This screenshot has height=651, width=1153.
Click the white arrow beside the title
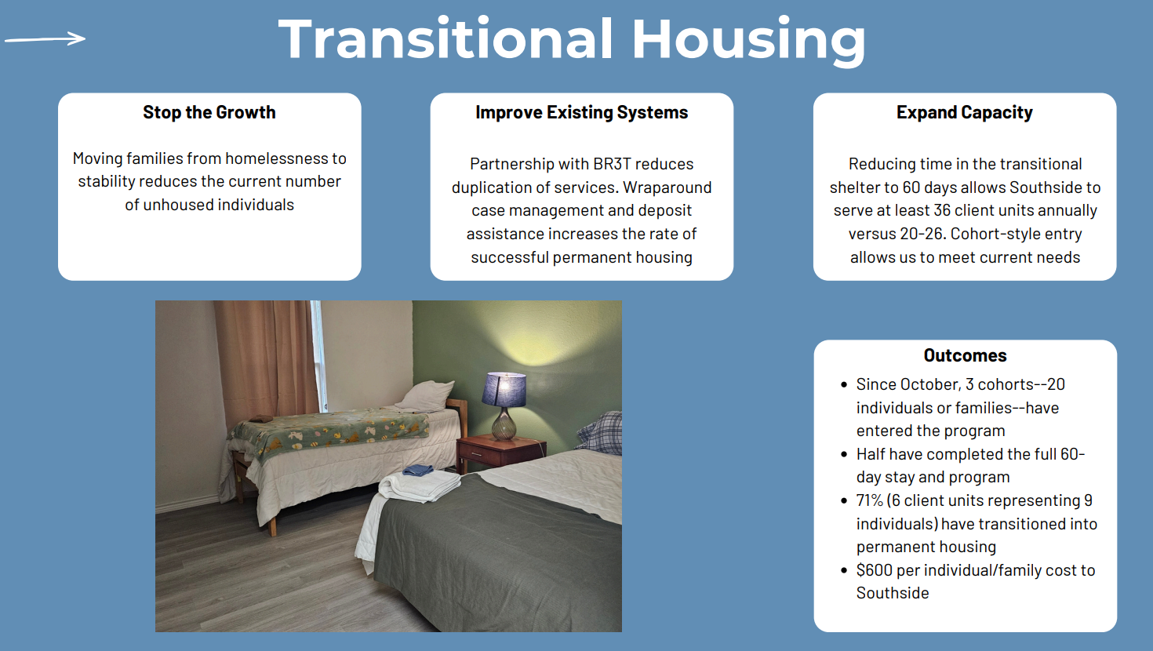[x=45, y=38]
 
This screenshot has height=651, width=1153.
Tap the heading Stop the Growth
[x=209, y=112]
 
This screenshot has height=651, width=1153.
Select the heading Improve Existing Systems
[x=582, y=112]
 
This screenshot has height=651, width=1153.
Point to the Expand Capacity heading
[x=965, y=112]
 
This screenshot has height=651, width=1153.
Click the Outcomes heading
[x=965, y=355]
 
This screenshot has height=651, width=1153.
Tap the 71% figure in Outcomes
[x=869, y=500]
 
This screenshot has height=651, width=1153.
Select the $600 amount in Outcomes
[x=874, y=570]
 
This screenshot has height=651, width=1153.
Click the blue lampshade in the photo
[x=504, y=390]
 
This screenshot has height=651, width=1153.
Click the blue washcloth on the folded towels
[x=418, y=470]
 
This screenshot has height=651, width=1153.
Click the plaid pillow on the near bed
[x=601, y=433]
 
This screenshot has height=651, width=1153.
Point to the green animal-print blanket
[x=329, y=433]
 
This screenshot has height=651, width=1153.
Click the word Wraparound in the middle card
[x=667, y=187]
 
